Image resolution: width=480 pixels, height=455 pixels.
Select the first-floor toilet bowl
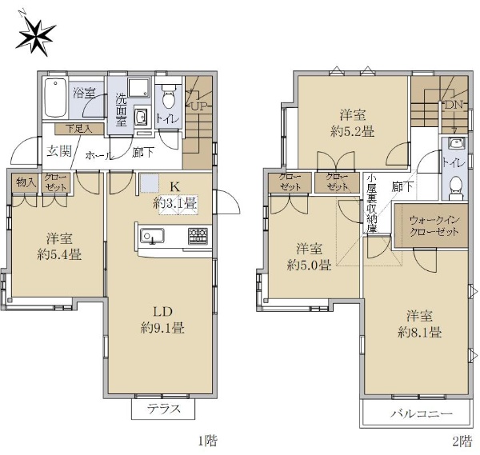click(168, 98)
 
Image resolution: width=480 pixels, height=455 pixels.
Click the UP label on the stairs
click(199, 106)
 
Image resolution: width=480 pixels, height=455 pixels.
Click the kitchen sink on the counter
click(152, 236)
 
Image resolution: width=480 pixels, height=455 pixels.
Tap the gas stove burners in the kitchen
click(198, 236)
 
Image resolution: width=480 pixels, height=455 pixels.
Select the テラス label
click(163, 409)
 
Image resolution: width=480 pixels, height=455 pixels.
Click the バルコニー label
click(421, 413)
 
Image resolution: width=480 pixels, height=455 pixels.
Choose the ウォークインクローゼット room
click(431, 226)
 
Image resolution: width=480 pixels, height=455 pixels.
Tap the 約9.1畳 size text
click(162, 329)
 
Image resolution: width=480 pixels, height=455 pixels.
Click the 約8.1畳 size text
click(419, 332)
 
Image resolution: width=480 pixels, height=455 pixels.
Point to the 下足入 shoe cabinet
click(79, 129)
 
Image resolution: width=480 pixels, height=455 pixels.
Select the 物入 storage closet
click(25, 183)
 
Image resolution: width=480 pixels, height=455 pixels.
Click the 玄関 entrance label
click(59, 151)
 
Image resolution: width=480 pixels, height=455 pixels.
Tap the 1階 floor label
click(208, 441)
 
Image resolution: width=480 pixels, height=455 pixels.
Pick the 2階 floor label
click(462, 441)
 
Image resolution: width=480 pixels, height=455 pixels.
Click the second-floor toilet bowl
click(456, 186)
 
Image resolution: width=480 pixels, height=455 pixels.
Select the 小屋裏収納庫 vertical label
click(372, 204)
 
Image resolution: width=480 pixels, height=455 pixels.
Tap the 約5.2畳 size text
click(353, 132)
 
